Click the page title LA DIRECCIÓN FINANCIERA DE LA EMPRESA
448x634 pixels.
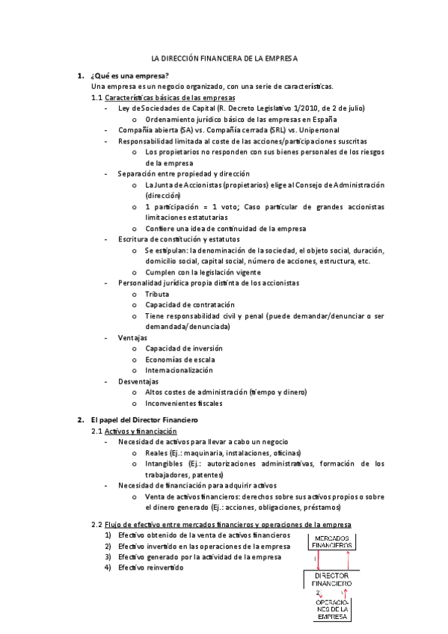224,57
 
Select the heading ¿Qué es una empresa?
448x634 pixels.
129,76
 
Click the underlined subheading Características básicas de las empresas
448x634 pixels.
170,97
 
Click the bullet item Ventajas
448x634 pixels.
132,338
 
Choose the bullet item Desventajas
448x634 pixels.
138,381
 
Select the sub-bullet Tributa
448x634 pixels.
157,295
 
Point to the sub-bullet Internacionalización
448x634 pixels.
179,370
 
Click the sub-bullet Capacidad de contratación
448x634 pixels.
189,305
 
